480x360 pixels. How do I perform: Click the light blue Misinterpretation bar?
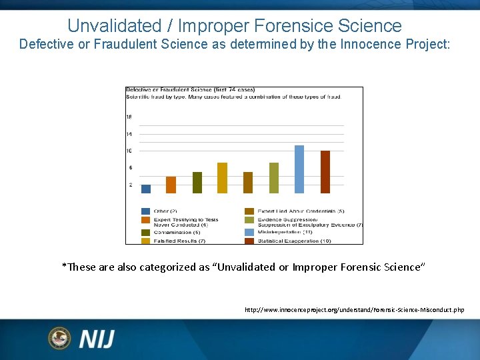pyautogui.click(x=299, y=169)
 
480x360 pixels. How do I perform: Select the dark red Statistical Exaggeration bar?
pyautogui.click(x=325, y=172)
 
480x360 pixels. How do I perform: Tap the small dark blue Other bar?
pyautogui.click(x=146, y=189)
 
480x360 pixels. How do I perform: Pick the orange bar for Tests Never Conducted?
pyautogui.click(x=171, y=185)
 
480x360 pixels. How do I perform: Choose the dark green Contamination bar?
pyautogui.click(x=197, y=183)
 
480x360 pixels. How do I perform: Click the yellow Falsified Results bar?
pyautogui.click(x=222, y=178)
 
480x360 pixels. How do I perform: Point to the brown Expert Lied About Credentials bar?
pyautogui.click(x=248, y=183)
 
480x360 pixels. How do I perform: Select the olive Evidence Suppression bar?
pyautogui.click(x=274, y=178)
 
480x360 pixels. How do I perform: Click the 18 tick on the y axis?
pyautogui.click(x=129, y=117)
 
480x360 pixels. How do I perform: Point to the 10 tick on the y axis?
pyautogui.click(x=129, y=151)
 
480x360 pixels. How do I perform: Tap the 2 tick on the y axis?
pyautogui.click(x=130, y=185)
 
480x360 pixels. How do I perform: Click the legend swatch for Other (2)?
pyautogui.click(x=145, y=211)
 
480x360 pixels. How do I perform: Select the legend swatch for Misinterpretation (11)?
pyautogui.click(x=249, y=232)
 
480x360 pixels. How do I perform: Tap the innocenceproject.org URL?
pyautogui.click(x=354, y=310)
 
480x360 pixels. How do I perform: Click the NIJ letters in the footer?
pyautogui.click(x=97, y=339)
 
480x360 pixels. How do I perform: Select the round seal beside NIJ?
pyautogui.click(x=59, y=338)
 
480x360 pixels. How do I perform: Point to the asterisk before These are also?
pyautogui.click(x=64, y=265)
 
